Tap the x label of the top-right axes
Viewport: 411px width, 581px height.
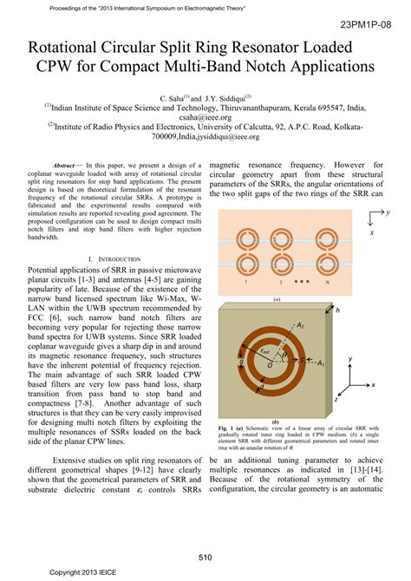[x=372, y=232]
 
